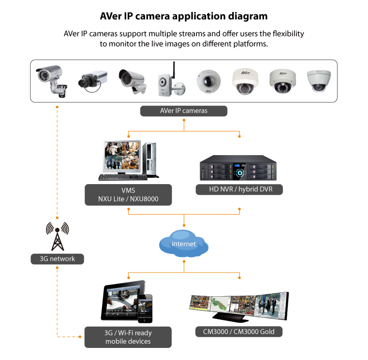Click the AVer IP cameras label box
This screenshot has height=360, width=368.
pyautogui.click(x=184, y=111)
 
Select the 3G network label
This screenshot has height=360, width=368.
pyautogui.click(x=57, y=259)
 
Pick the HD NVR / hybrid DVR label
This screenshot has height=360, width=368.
pyautogui.click(x=239, y=189)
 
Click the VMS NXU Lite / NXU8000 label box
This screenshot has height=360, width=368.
pyautogui.click(x=128, y=194)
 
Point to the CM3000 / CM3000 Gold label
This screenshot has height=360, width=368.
pyautogui.click(x=239, y=331)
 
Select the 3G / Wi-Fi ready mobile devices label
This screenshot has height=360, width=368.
pyautogui.click(x=128, y=337)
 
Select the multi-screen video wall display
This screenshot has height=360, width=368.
pyautogui.click(x=238, y=307)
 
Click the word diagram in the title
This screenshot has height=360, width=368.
pyautogui.click(x=247, y=16)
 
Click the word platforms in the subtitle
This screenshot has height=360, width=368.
pyautogui.click(x=250, y=43)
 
